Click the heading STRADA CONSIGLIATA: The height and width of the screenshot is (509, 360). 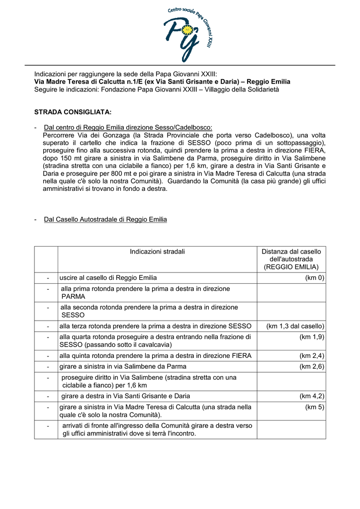(73, 112)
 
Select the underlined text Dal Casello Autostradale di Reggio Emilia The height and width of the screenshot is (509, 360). (105, 219)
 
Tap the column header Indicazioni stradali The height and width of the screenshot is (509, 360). (157, 252)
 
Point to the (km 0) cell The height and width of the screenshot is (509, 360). (314, 278)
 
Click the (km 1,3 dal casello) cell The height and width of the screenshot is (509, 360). (295, 326)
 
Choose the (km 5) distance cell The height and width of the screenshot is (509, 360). (315, 407)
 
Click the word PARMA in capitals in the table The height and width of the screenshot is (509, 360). (73, 296)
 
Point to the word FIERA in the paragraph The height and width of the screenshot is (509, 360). (313, 150)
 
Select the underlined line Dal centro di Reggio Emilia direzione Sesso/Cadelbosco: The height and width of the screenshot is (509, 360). (128, 127)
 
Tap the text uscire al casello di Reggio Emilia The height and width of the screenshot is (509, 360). (108, 278)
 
